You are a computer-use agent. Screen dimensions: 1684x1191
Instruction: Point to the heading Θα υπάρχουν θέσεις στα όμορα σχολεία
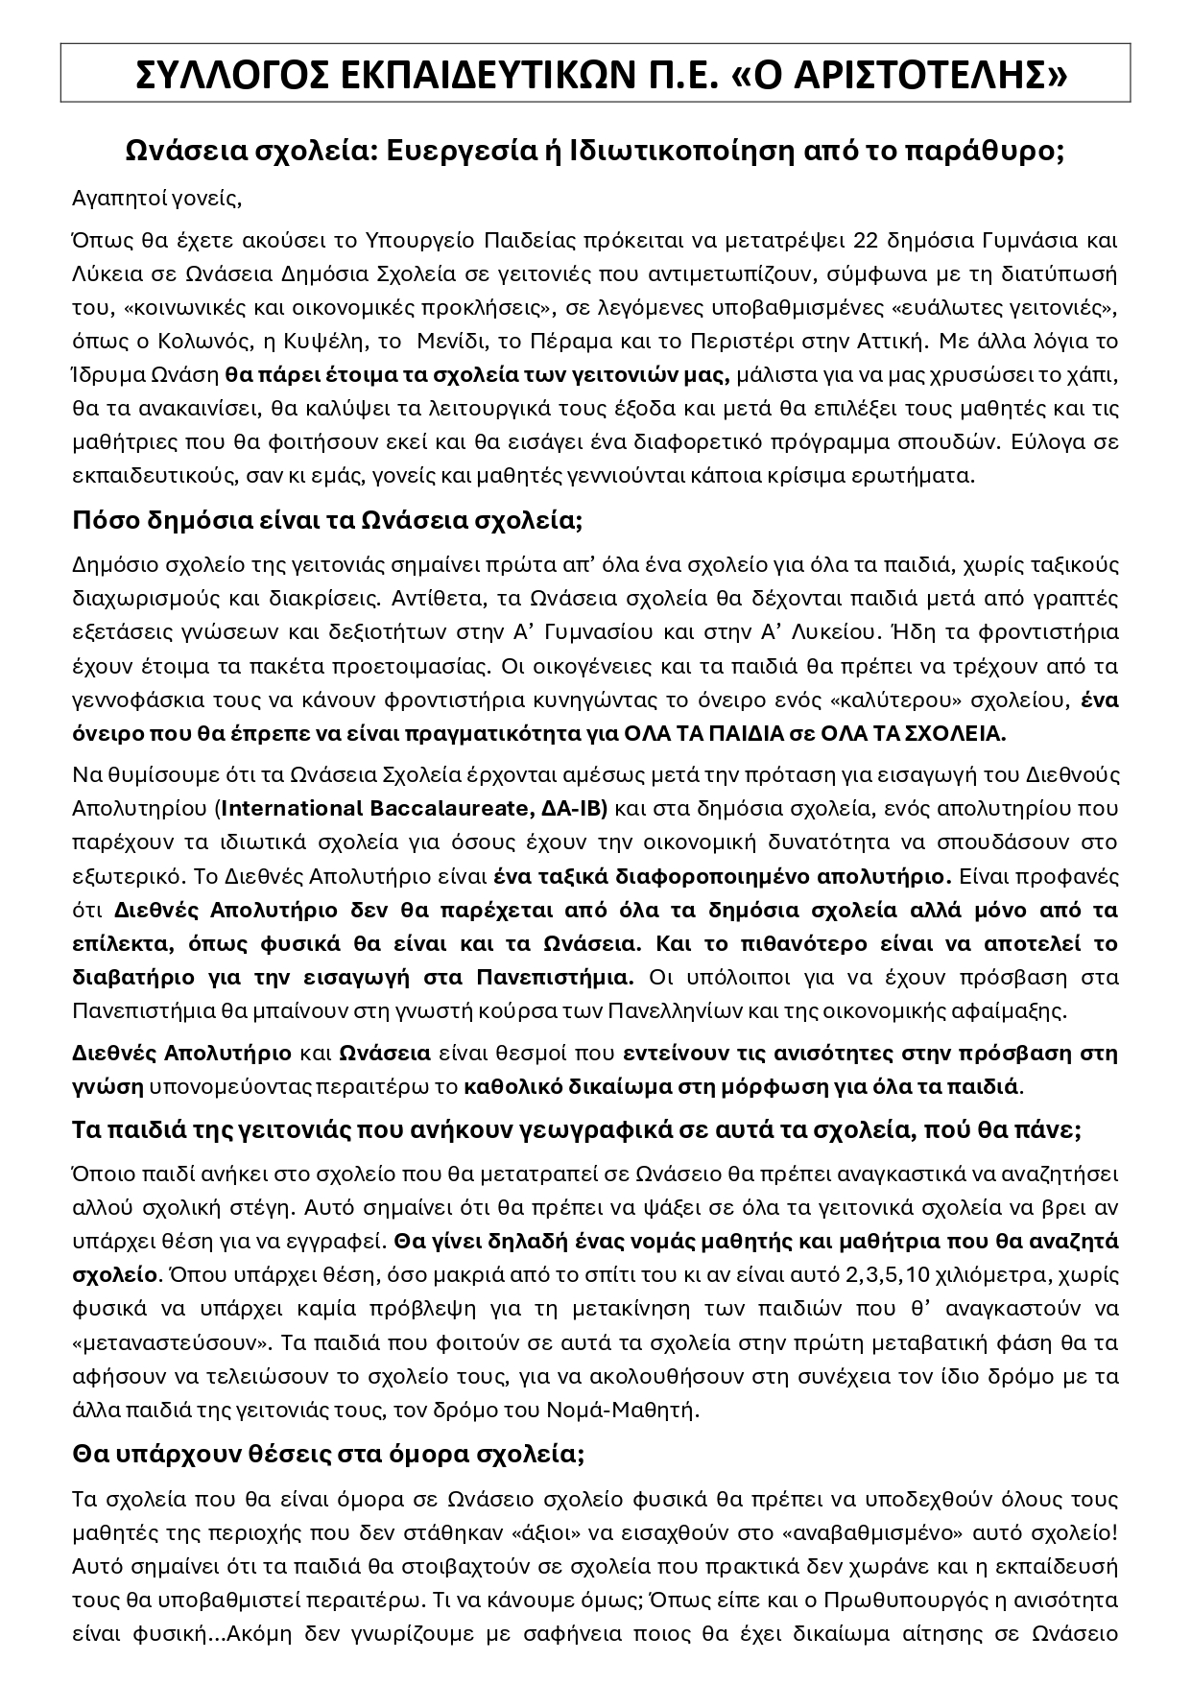pos(327,1454)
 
